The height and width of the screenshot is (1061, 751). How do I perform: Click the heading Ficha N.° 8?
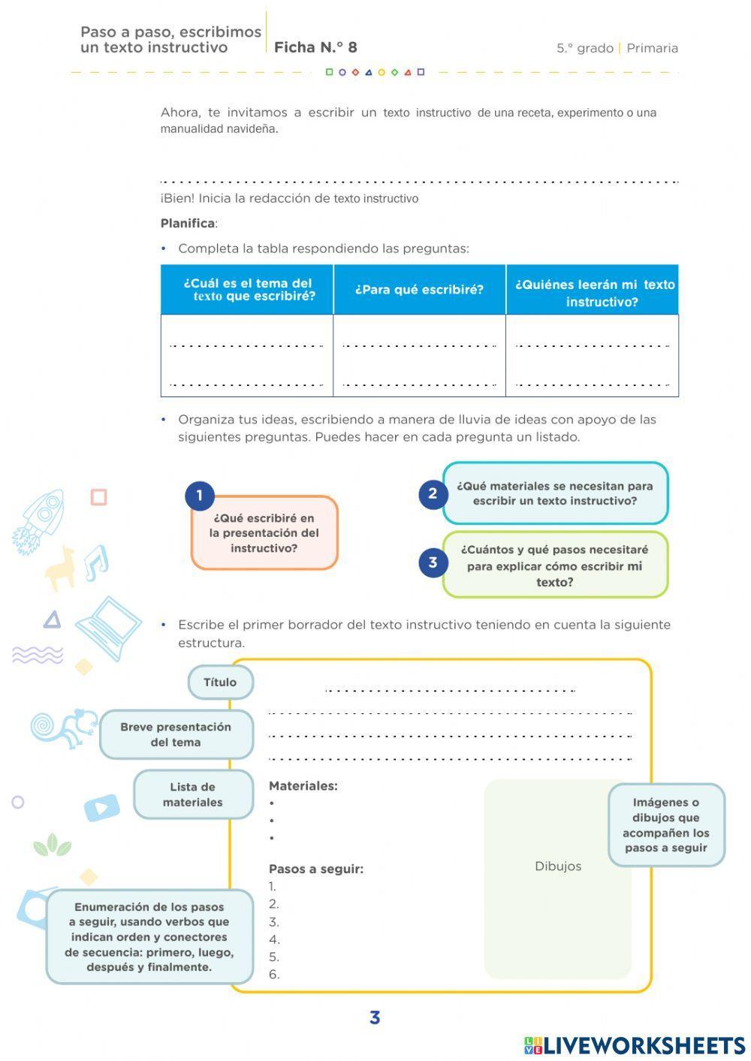point(315,47)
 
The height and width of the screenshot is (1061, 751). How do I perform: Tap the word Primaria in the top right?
point(652,48)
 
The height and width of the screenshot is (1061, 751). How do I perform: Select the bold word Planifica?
point(188,223)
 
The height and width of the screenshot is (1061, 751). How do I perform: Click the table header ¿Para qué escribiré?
point(419,290)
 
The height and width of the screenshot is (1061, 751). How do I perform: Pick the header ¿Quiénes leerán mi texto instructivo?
point(593,293)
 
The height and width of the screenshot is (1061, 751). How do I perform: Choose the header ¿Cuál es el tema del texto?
point(248,290)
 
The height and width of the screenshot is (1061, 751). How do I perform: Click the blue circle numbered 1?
point(200,496)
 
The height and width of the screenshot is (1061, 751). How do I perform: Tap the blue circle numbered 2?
point(433,493)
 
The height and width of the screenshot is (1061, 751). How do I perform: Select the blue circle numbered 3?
point(433,562)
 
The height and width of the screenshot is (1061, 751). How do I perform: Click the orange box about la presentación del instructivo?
point(264,533)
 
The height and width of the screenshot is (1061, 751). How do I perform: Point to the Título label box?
point(220,682)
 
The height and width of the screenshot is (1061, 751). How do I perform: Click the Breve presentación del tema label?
point(176,734)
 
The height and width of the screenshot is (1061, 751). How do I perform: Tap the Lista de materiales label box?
point(193,794)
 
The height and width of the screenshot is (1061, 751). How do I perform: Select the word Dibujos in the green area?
point(558,866)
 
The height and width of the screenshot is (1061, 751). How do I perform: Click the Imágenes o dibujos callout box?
point(665,824)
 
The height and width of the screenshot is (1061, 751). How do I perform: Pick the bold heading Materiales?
point(303,786)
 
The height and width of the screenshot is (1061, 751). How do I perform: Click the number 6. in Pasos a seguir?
point(274,975)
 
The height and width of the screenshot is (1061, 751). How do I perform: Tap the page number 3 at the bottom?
point(375,1018)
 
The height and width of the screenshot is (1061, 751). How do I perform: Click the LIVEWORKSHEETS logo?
point(635,1045)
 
